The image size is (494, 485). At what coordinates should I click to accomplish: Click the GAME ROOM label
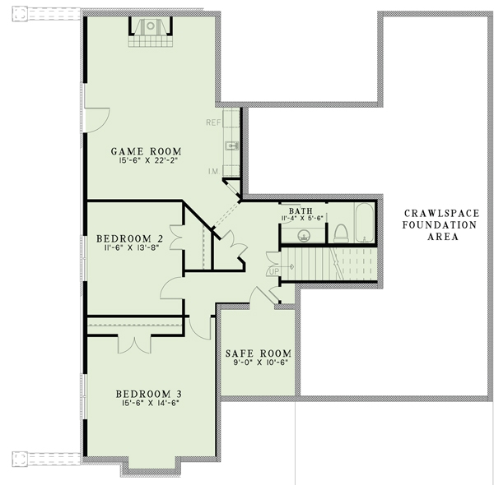[x=146, y=151]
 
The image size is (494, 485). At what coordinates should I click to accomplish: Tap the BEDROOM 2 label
[x=124, y=239]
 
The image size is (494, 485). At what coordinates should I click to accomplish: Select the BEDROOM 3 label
[x=148, y=392]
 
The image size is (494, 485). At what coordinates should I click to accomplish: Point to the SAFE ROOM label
[x=259, y=354]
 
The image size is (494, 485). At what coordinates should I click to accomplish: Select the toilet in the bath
[x=340, y=233]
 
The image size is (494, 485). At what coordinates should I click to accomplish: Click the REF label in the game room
[x=213, y=122]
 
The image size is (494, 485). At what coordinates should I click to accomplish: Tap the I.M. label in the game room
[x=214, y=170]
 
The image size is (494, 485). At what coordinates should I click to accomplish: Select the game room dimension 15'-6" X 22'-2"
[x=146, y=162]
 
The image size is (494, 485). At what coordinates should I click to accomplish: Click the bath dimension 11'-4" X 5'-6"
[x=301, y=219]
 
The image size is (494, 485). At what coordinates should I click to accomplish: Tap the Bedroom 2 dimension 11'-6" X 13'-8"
[x=124, y=249]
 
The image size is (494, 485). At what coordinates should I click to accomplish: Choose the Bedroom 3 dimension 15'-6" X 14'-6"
[x=148, y=403]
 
